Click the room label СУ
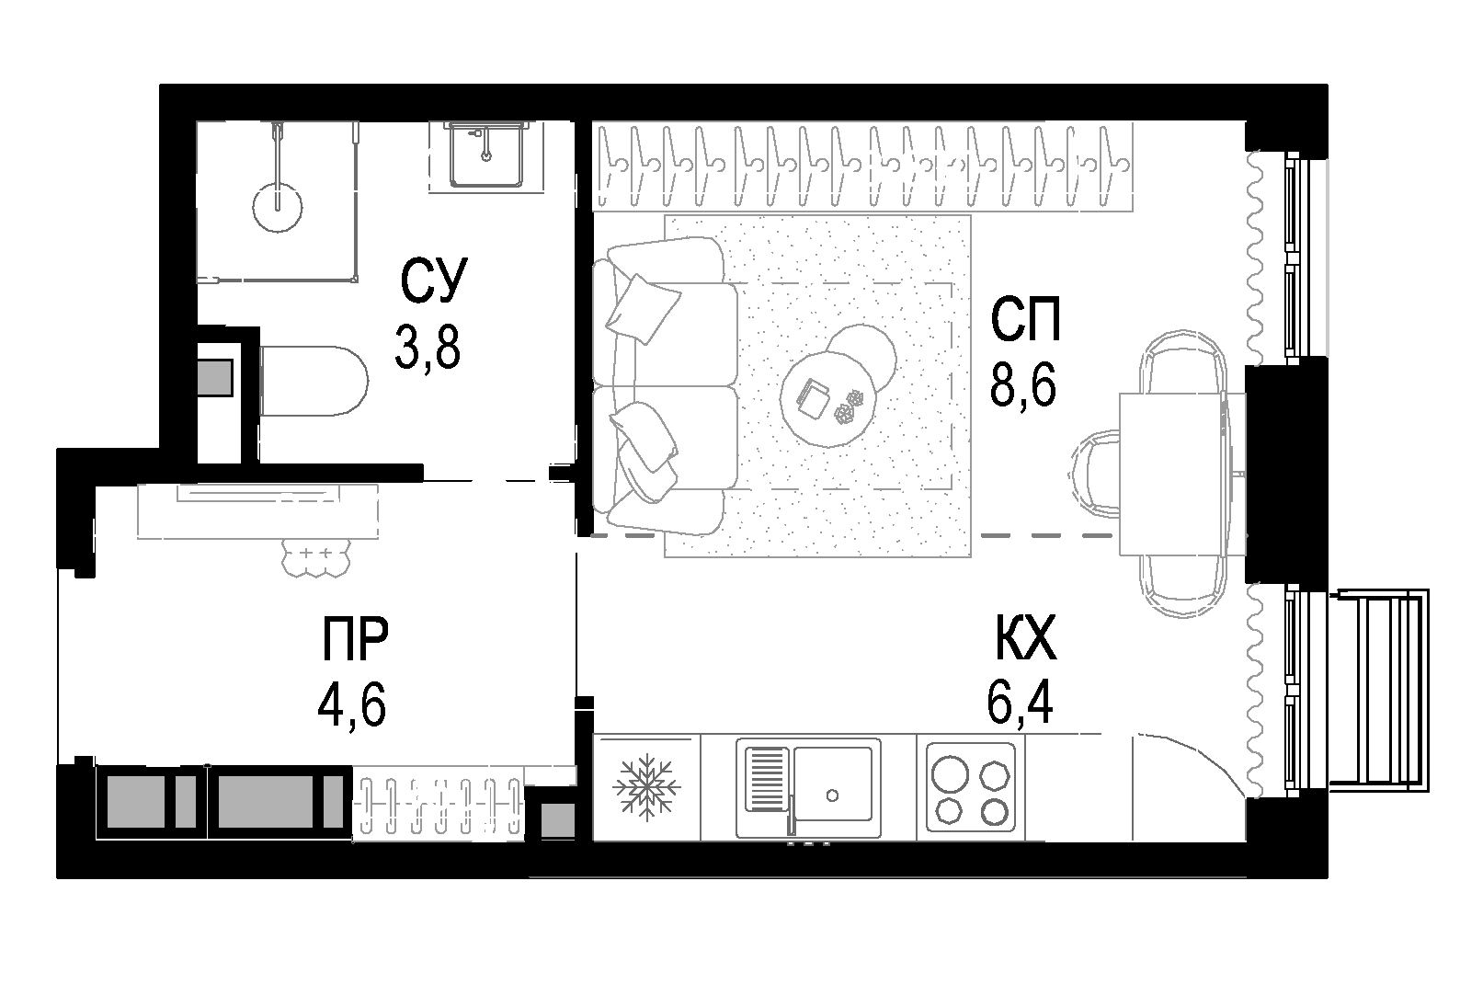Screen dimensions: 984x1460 [x=434, y=281]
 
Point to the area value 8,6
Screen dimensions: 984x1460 [x=1023, y=385]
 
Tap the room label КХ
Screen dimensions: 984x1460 [x=1026, y=639]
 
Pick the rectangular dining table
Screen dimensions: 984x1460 [x=1181, y=474]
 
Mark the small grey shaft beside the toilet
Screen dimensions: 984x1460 [x=216, y=377]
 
